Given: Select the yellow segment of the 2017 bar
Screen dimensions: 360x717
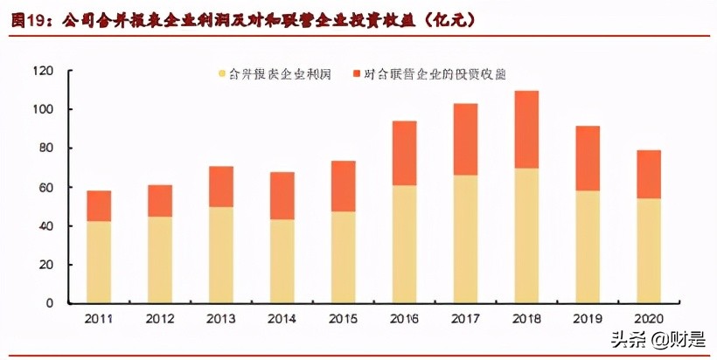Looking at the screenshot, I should [465, 239].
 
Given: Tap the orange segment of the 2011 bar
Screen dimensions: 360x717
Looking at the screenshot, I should [99, 205].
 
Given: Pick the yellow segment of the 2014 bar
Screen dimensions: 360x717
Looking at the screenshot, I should [282, 260].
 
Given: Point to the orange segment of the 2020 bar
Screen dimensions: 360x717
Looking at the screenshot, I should [648, 174].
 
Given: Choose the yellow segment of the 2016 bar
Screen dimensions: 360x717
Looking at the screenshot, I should [404, 244].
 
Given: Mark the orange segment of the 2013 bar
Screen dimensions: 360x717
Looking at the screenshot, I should [221, 186].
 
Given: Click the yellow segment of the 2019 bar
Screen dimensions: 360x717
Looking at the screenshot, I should [587, 246].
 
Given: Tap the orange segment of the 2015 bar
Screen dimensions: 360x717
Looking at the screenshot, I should [343, 186].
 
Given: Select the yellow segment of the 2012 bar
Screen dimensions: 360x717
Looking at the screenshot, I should [160, 260].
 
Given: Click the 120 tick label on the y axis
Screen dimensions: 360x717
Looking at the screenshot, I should [45, 71].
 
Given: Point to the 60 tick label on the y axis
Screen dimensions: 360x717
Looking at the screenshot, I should [49, 187].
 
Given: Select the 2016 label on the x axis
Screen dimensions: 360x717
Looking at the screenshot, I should [404, 318].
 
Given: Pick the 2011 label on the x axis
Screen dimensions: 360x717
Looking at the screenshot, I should [99, 318].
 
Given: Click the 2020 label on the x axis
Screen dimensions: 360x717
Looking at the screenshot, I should [648, 318].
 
